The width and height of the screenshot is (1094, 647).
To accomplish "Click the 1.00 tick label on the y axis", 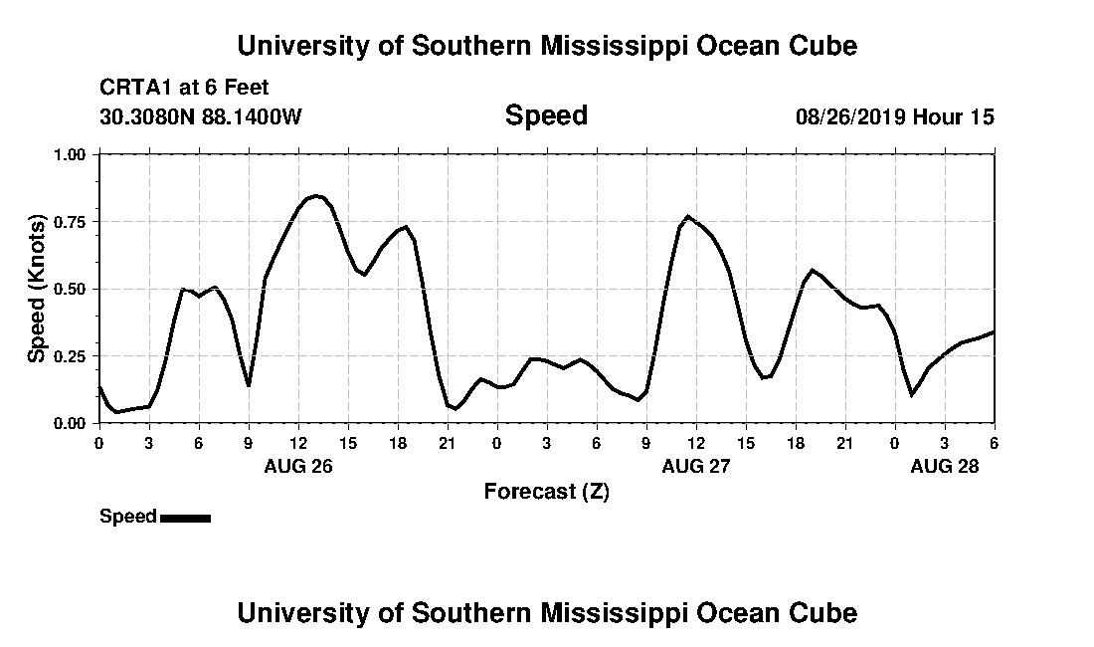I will click(70, 154).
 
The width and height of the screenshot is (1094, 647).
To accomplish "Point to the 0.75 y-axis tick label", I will click(70, 221).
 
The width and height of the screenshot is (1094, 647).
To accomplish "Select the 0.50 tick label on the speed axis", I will click(70, 289).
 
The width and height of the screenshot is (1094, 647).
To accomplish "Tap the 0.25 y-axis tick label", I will click(70, 355).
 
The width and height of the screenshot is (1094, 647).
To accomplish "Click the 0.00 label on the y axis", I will click(70, 423).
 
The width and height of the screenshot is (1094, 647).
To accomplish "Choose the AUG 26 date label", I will click(298, 466).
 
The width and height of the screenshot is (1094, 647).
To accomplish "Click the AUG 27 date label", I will click(696, 466).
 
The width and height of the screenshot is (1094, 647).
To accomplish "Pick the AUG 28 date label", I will click(945, 466).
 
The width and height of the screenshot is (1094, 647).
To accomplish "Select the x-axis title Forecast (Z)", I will click(546, 492).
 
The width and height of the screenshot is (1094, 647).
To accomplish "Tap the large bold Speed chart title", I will click(546, 115).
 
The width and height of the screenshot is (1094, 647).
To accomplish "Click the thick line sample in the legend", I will click(185, 518).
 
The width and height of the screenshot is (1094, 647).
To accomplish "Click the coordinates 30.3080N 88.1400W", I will click(201, 117).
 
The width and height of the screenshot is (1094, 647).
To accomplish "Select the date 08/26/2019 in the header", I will click(849, 117).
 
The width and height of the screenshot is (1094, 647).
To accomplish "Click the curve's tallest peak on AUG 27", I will click(688, 216).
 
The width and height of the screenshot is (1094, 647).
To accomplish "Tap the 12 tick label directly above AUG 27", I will click(695, 443).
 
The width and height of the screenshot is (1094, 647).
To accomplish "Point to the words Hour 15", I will click(954, 117).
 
